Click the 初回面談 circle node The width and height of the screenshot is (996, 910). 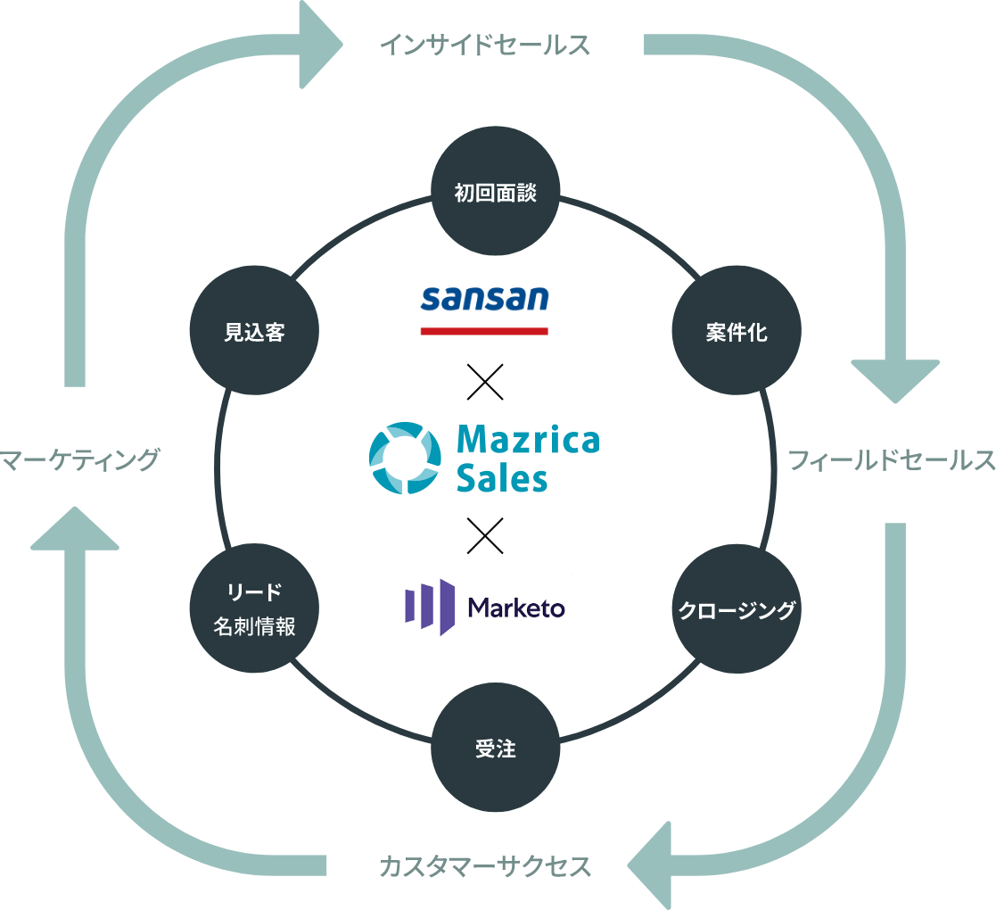pos(496,194)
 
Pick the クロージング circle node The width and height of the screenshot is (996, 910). pos(737,609)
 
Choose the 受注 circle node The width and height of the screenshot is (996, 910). pos(496,749)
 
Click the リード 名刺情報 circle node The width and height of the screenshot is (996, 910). pos(254,609)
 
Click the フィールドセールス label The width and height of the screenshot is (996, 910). pos(891,460)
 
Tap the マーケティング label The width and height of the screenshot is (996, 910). pos(80,460)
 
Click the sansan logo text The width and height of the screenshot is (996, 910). pos(484,299)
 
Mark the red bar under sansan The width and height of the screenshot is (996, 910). pos(484,331)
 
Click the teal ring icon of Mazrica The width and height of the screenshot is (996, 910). pos(405,458)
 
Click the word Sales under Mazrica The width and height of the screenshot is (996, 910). pos(502,479)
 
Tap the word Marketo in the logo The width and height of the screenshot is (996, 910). pos(516,608)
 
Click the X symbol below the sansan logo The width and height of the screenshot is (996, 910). pos(484,381)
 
